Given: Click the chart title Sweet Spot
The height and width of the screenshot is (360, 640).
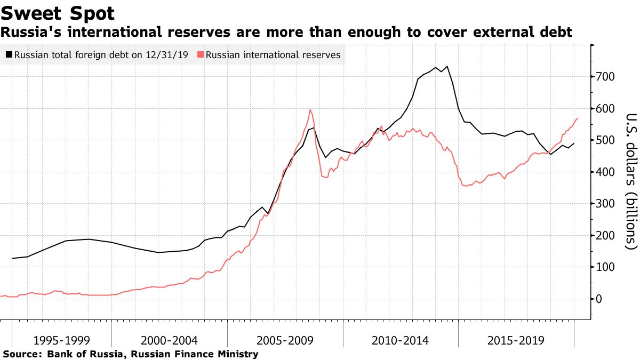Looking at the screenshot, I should [58, 13].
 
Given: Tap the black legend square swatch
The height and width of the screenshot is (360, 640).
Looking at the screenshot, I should [9, 55].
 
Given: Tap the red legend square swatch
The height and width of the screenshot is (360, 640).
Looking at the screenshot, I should [201, 55].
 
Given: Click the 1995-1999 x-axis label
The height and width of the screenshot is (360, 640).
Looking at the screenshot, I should [61, 340].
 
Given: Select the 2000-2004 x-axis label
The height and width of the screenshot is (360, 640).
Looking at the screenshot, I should [170, 340].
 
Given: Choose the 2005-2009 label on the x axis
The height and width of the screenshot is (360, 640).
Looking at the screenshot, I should [285, 340].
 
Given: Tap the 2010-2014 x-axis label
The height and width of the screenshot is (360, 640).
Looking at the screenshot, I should [401, 340].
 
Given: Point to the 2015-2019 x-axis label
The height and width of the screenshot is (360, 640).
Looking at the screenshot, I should [516, 340].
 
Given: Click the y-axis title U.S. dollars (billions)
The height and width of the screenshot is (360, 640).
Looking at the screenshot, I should [631, 181].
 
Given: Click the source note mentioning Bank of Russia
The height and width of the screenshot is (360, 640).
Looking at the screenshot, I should [131, 354].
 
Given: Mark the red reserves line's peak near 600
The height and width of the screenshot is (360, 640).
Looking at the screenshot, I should [310, 110].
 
